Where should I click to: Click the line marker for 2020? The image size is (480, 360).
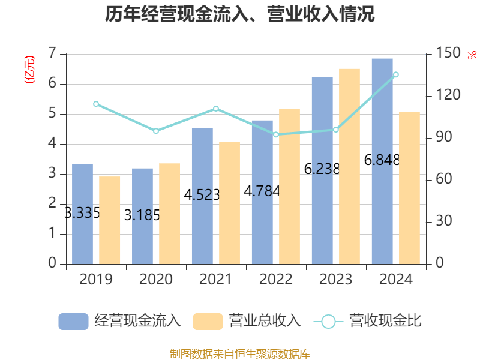pos(156,131)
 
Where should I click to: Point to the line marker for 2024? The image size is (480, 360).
pos(396,74)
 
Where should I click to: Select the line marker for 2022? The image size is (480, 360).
pos(276,134)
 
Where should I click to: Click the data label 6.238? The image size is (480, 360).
pos(322,169)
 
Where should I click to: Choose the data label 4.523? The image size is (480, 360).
pos(202,194)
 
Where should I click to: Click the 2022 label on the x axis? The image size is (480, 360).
pos(276,280)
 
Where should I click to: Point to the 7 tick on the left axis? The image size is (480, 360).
pos(52,54)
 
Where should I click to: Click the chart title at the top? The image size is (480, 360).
pos(240,14)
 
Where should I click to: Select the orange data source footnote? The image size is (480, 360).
pos(240,353)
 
